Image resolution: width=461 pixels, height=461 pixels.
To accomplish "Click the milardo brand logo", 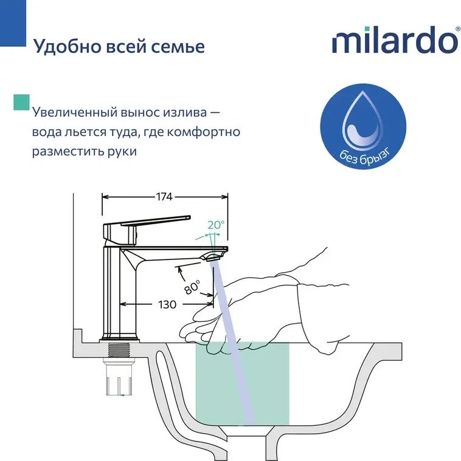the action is (395, 39).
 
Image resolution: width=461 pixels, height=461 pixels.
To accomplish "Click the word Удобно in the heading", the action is (66, 46).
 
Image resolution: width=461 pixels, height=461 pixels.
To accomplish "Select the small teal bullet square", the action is (21, 102).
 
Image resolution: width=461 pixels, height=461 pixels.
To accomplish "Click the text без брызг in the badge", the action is (365, 156).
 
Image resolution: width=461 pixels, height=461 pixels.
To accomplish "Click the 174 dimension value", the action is (164, 197).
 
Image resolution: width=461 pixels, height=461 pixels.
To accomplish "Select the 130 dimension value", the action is (167, 304).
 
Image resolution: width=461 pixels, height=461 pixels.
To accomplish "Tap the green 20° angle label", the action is (216, 225).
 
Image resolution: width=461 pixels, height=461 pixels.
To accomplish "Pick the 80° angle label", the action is (193, 287).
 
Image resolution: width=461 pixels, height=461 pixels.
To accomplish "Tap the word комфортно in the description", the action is (204, 132).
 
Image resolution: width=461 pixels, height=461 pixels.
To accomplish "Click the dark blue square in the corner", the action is (13, 23).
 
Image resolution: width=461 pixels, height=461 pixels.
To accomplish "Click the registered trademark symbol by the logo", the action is (458, 29).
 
